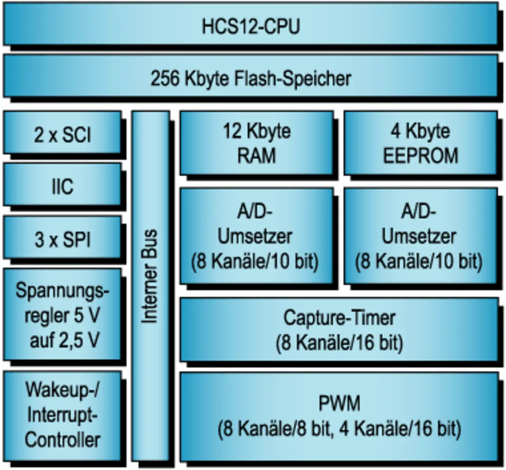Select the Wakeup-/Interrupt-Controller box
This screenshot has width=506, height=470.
(x=62, y=415)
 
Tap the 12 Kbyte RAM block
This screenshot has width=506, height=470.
(x=256, y=143)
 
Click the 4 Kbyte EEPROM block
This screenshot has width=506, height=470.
(x=420, y=143)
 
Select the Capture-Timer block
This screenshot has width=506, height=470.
(x=339, y=330)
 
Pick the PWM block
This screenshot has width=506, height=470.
(x=339, y=416)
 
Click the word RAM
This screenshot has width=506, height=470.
(x=256, y=155)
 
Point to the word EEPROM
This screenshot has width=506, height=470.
(x=420, y=155)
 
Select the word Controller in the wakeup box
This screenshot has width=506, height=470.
(x=62, y=440)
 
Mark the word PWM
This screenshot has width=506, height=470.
(x=339, y=404)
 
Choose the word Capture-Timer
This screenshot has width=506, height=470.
(x=339, y=318)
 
